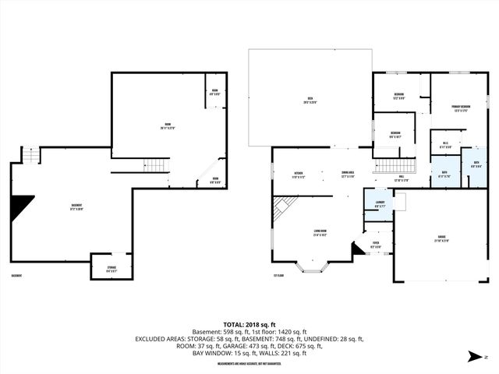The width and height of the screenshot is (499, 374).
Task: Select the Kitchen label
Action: (298, 174)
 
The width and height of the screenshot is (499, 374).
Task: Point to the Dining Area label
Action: (348, 174)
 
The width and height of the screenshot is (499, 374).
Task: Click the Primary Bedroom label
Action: (460, 108)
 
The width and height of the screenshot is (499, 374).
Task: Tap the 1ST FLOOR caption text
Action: (278, 275)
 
